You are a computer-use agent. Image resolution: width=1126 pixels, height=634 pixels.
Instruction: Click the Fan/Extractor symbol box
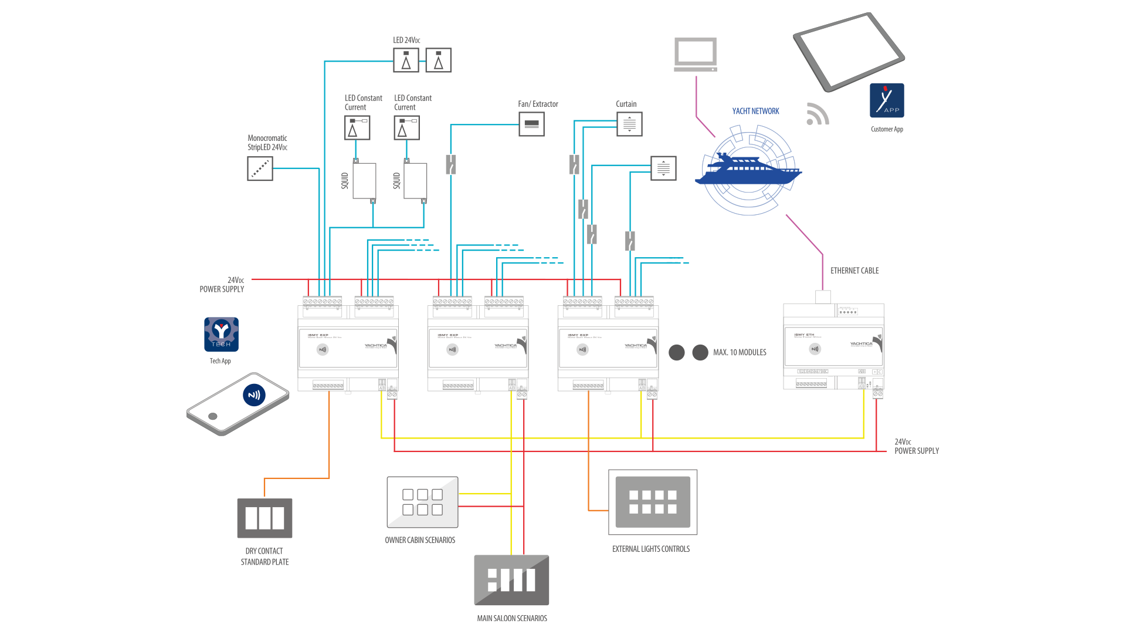tap(531, 124)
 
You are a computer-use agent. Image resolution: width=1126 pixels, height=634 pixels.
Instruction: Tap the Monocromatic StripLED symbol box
tap(260, 169)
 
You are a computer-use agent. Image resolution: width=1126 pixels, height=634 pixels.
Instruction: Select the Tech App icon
tap(221, 335)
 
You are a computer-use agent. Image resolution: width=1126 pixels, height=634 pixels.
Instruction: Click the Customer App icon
tap(887, 100)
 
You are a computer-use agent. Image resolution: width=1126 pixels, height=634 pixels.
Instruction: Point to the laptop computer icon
tap(696, 55)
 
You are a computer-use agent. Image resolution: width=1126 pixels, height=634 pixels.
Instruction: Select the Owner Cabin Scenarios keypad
tap(422, 503)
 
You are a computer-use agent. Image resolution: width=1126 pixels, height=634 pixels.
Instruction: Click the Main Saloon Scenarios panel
tap(511, 580)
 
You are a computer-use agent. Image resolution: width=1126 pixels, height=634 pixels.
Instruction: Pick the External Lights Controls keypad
tap(653, 502)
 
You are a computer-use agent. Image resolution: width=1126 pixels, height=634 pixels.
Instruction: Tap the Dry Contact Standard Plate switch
tap(264, 518)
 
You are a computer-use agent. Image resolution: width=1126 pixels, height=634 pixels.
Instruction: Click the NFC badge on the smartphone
tap(254, 395)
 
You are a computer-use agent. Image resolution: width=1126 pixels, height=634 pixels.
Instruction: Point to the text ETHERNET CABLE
tap(854, 271)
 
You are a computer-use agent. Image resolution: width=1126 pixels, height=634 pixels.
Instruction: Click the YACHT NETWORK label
tap(755, 112)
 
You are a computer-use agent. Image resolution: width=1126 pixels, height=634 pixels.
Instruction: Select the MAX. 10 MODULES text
tap(740, 353)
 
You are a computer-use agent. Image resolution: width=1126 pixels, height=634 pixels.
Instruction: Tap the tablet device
tap(848, 51)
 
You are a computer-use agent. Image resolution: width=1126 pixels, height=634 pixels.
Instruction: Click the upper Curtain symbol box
tap(629, 124)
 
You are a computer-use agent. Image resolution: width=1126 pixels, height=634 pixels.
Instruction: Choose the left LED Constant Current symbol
tap(357, 128)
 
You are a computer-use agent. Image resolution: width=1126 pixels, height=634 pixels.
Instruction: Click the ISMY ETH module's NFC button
tap(815, 349)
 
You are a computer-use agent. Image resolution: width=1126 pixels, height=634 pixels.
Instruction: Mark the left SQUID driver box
tap(364, 181)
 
